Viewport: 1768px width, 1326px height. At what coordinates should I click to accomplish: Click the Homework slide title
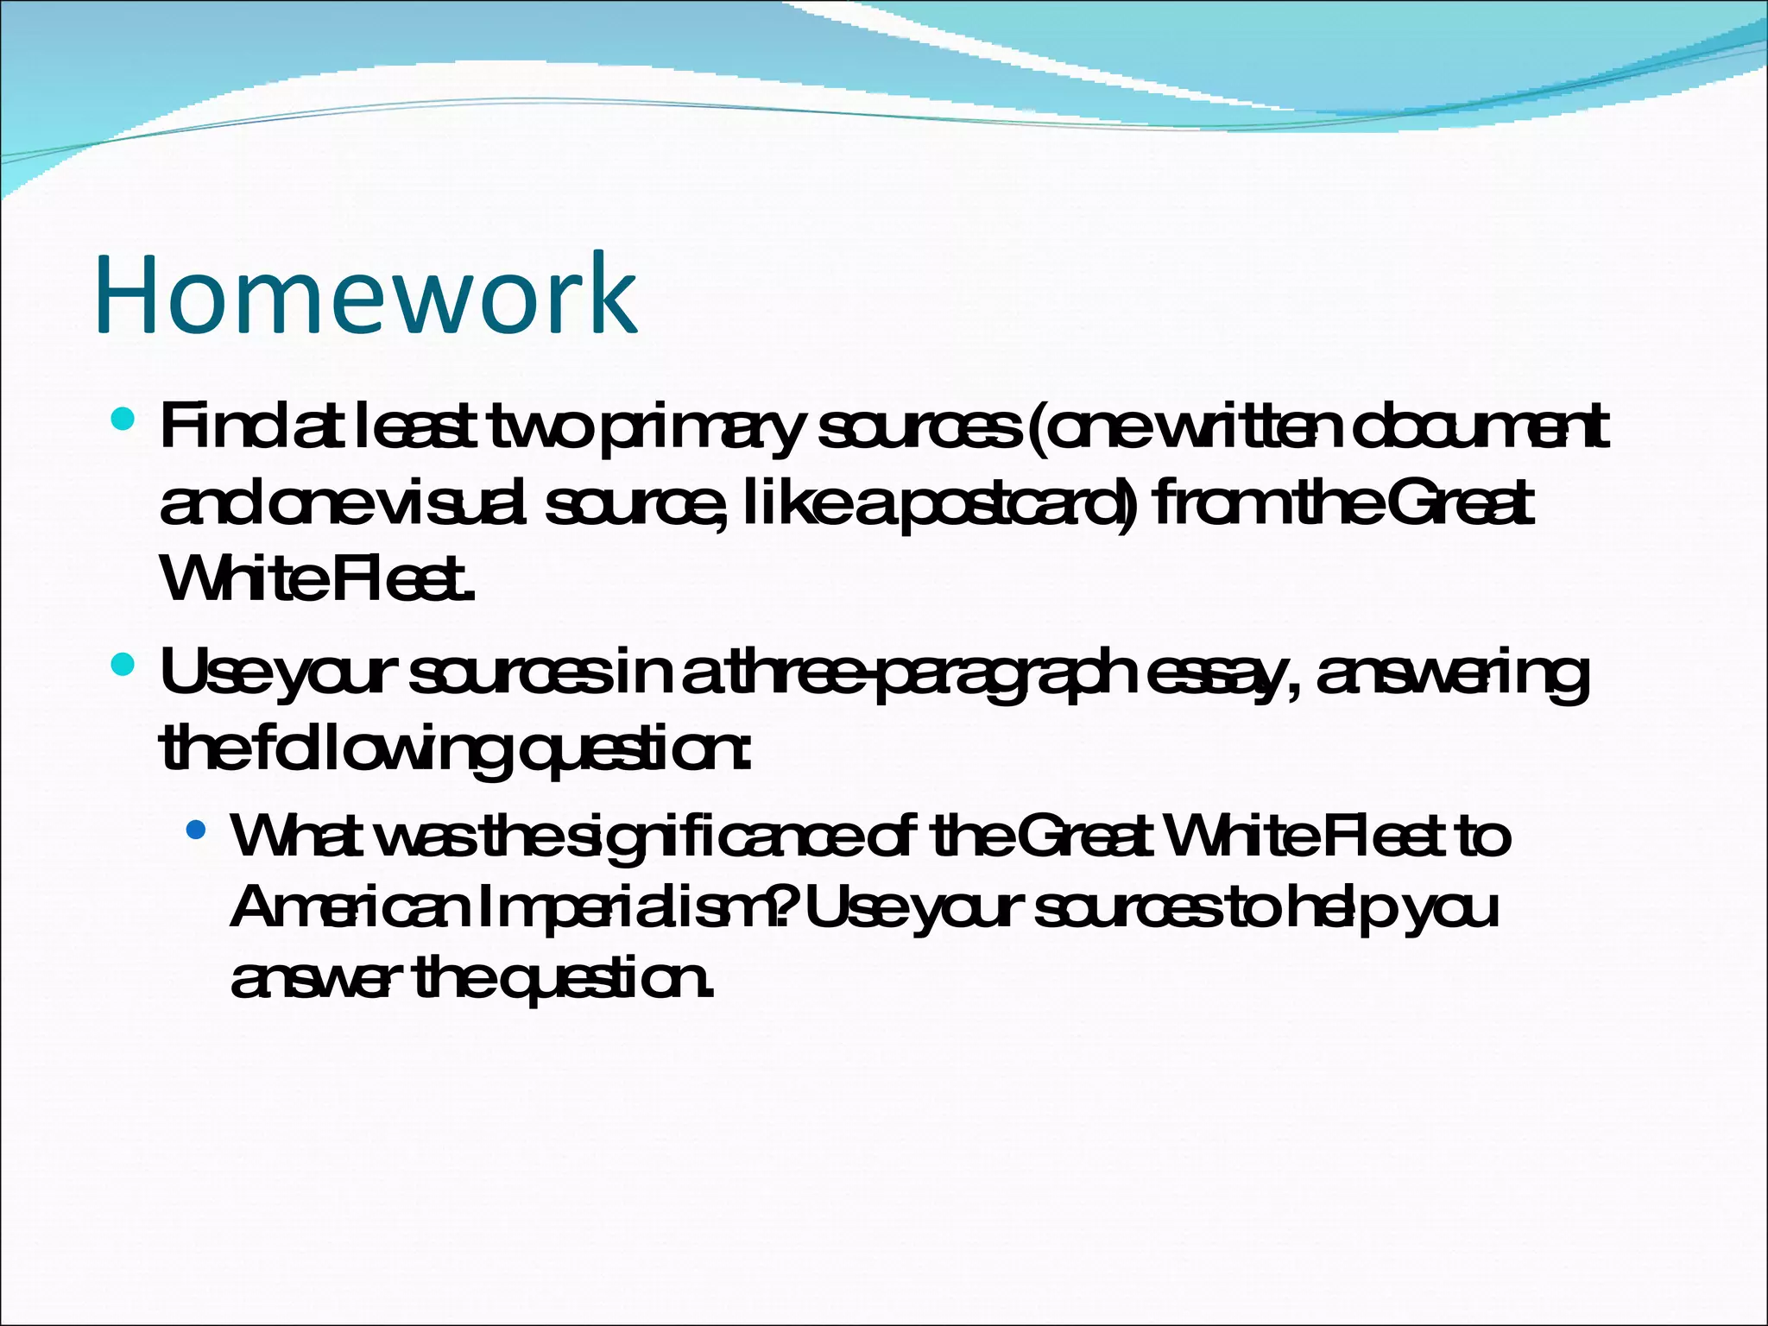coord(367,294)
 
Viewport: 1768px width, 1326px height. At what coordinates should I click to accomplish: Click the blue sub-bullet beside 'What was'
coord(197,830)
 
